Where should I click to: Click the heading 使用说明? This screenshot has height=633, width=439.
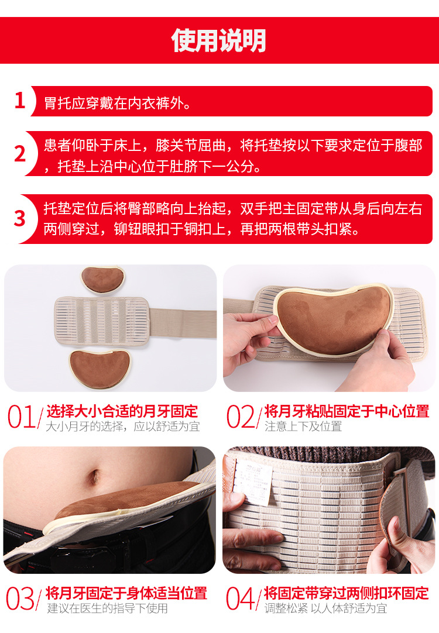coord(219,40)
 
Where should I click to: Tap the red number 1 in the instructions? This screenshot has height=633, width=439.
coord(20,101)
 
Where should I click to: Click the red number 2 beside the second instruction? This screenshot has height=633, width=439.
coord(20,153)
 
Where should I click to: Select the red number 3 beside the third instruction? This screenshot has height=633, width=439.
coord(20,218)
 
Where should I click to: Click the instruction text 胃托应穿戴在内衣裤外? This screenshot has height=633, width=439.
coord(118,104)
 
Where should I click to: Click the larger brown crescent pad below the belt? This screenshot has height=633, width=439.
coord(99,368)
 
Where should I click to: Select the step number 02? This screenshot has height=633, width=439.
coord(241,418)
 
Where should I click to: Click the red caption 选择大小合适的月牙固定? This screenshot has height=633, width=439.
coord(122,411)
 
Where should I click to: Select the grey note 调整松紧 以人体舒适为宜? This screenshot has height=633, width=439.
coord(325,608)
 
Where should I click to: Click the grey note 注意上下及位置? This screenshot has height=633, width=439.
coord(303,426)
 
